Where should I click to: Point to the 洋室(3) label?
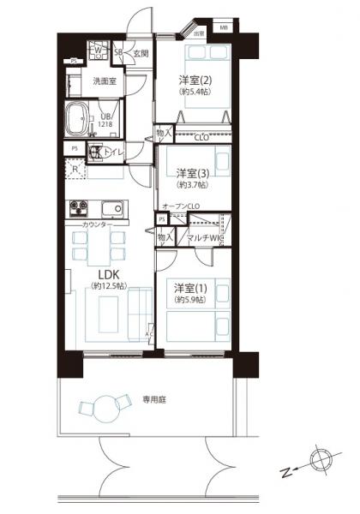pos(192,172)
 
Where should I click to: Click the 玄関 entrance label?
pos(141,53)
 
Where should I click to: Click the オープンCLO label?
pos(181,206)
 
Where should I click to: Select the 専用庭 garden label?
pos(154,398)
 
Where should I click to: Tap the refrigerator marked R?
pos(77,169)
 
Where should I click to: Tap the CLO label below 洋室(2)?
pos(202,136)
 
